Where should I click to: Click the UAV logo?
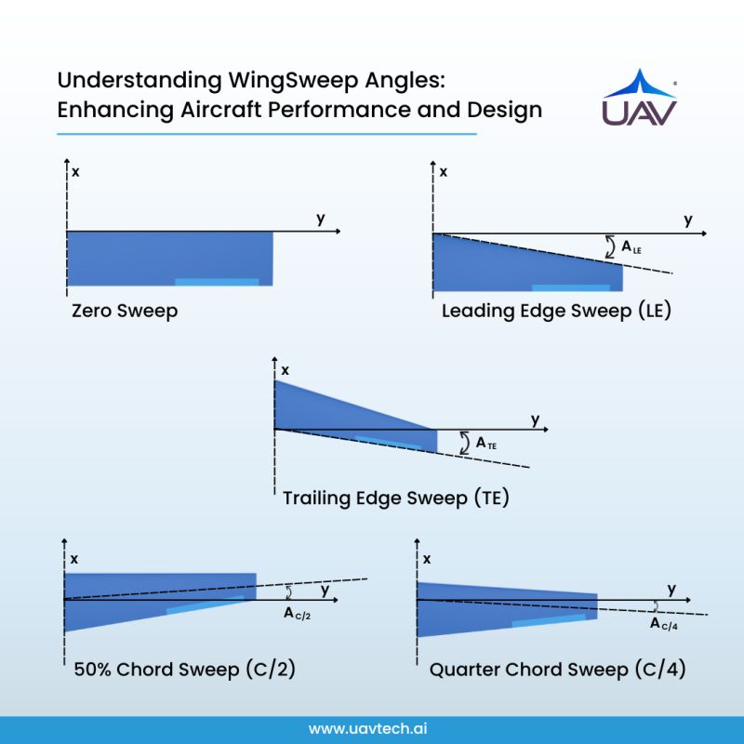(x=640, y=98)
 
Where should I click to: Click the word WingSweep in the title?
(x=293, y=80)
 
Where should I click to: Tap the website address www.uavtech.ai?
(x=367, y=728)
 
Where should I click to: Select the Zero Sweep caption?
(x=125, y=311)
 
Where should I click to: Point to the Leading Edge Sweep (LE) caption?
(x=556, y=311)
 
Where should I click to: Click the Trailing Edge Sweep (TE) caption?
(x=396, y=498)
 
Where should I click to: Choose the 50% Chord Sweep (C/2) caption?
(x=184, y=669)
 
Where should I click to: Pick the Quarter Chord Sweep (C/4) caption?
(x=557, y=669)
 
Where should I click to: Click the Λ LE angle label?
(x=631, y=247)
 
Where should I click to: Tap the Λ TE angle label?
(x=486, y=444)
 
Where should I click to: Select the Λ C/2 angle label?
(x=297, y=614)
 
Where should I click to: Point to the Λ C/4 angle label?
(x=664, y=624)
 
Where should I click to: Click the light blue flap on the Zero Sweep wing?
(x=217, y=282)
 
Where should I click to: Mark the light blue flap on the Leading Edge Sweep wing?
(x=571, y=287)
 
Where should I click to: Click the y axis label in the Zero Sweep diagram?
(x=321, y=219)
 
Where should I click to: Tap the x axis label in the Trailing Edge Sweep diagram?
(x=285, y=370)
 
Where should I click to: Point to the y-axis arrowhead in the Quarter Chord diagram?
(x=687, y=600)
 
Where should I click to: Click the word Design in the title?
(x=504, y=110)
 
